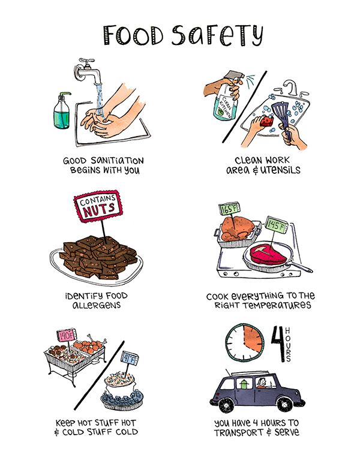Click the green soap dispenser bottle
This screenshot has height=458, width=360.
click(x=62, y=113)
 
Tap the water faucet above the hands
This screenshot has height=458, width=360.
click(x=88, y=71)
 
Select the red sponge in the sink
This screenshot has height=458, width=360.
click(x=267, y=120)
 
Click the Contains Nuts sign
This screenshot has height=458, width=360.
click(x=98, y=206)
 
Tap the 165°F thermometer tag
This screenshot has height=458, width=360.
click(x=230, y=209)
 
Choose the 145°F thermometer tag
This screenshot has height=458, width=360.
click(x=277, y=225)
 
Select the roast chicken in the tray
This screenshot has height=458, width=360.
click(x=237, y=229)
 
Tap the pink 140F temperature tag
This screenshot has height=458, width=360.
click(x=67, y=335)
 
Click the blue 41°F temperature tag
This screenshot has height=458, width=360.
click(x=130, y=358)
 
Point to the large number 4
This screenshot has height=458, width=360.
click(x=278, y=343)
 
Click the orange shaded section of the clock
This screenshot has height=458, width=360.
click(x=252, y=338)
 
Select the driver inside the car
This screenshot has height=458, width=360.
click(x=261, y=382)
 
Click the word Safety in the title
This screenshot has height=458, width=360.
click(x=217, y=35)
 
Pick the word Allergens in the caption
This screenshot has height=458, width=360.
click(x=97, y=306)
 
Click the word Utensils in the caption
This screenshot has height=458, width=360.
click(x=280, y=170)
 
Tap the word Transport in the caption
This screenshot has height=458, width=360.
click(x=239, y=433)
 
